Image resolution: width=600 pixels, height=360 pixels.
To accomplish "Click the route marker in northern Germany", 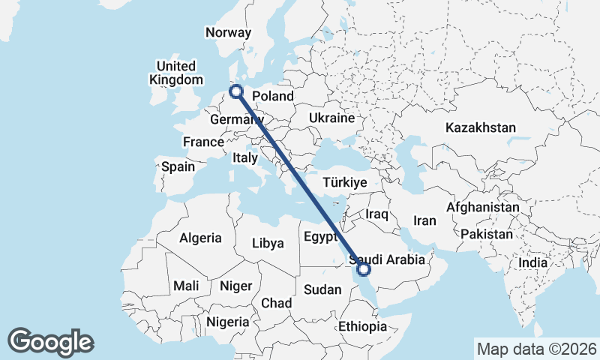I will [x=237, y=91].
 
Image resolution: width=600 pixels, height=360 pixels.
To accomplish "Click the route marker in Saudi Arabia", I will [x=364, y=268].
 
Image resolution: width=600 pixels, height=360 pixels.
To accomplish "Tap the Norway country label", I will [x=228, y=32].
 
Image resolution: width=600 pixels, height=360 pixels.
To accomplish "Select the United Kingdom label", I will [x=176, y=73].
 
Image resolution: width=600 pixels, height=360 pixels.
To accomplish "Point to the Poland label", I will [x=273, y=96].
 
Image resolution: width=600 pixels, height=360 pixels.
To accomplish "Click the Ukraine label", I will [x=331, y=118].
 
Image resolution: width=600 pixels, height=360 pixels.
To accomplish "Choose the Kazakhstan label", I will [x=480, y=127].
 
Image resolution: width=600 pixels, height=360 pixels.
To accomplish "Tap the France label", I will [x=203, y=142].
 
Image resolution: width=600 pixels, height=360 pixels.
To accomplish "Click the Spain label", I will [x=178, y=166].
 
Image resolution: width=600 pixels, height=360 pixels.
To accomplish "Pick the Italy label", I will [x=245, y=157].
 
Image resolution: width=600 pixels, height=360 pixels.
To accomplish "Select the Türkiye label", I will [x=344, y=182].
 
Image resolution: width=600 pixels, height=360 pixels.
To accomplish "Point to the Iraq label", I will [x=376, y=214].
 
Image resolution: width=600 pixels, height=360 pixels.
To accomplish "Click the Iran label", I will [x=424, y=220].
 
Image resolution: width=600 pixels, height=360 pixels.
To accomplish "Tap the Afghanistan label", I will [x=483, y=207].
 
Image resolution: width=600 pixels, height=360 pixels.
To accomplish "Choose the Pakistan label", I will [x=487, y=234].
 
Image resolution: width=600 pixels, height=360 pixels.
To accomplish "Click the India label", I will [x=532, y=263].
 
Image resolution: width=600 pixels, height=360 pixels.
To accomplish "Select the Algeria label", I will [x=200, y=238].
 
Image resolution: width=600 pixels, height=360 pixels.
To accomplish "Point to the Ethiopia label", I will [x=362, y=326].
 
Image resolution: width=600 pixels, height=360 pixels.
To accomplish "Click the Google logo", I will [x=50, y=342].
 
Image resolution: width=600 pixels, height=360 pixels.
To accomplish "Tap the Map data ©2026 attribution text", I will [x=537, y=349].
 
